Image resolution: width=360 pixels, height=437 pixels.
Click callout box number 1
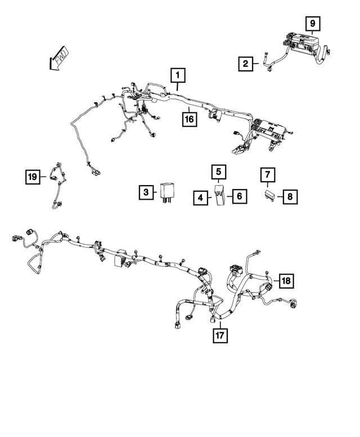(x=178, y=75)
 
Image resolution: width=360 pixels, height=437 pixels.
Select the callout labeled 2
(x=245, y=64)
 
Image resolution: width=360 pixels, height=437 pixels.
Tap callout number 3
(x=146, y=192)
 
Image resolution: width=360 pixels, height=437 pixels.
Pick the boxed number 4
(x=201, y=198)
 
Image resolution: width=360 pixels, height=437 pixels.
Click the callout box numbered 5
(x=219, y=172)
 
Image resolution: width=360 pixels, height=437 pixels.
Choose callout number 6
(x=240, y=196)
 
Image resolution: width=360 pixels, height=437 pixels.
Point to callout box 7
(x=268, y=175)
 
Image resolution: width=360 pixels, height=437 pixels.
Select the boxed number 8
(x=290, y=197)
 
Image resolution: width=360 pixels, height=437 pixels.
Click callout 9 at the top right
(x=313, y=24)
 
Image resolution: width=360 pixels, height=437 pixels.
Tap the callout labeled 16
(x=190, y=119)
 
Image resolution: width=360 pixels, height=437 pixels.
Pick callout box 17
(x=220, y=335)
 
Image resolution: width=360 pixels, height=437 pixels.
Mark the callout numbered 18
(x=286, y=281)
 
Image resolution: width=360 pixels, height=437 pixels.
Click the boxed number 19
(x=33, y=177)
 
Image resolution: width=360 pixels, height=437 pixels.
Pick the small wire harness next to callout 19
(x=57, y=186)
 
